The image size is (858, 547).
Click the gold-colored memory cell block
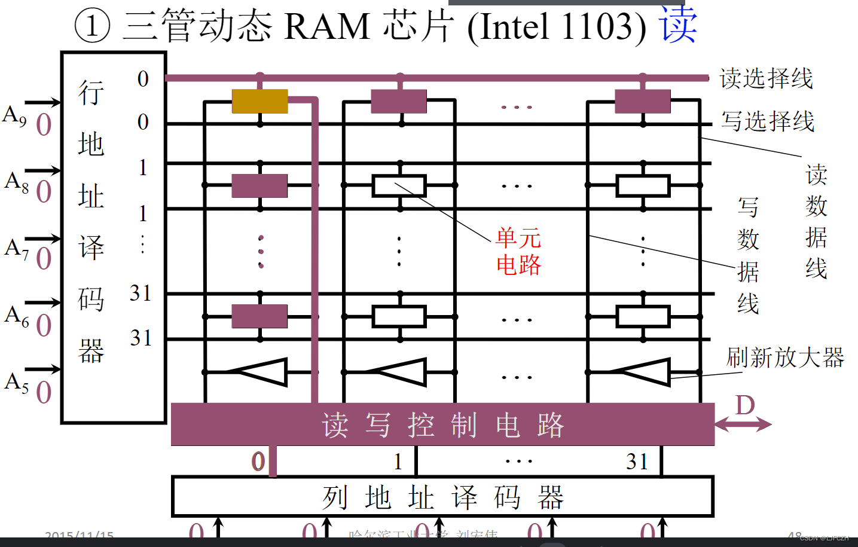pyautogui.click(x=259, y=101)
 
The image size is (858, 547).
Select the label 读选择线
pyautogui.click(x=766, y=78)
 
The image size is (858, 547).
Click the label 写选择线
pyautogui.click(x=767, y=121)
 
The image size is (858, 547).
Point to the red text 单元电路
pyautogui.click(x=518, y=251)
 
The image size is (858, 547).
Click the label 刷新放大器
pyautogui.click(x=784, y=357)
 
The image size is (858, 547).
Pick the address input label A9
pyautogui.click(x=15, y=115)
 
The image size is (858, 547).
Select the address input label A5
pyautogui.click(x=16, y=382)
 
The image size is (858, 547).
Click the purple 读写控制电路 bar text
pyautogui.click(x=442, y=425)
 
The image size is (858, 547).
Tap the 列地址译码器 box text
pyautogui.click(x=442, y=497)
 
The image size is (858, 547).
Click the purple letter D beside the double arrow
pyautogui.click(x=745, y=405)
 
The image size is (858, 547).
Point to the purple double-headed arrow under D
pyautogui.click(x=743, y=424)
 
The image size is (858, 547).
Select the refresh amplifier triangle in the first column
pyautogui.click(x=262, y=372)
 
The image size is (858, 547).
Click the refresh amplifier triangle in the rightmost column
pyautogui.click(x=643, y=372)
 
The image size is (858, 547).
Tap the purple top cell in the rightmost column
pyautogui.click(x=643, y=101)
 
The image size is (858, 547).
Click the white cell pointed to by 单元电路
pyautogui.click(x=399, y=185)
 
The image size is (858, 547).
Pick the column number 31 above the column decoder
pyautogui.click(x=637, y=462)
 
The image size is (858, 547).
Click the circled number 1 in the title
pyautogui.click(x=92, y=26)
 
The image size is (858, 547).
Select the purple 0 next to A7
pyautogui.click(x=44, y=259)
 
